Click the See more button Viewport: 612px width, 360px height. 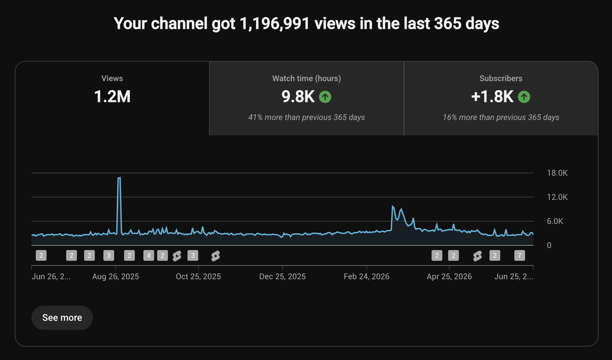coord(62,318)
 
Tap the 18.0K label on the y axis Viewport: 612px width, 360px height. coord(557,173)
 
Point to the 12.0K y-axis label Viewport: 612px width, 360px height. coord(557,197)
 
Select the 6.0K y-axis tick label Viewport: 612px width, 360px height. coord(555,221)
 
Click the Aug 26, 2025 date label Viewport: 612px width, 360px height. coord(115,276)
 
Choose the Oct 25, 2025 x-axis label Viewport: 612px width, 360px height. coord(198,276)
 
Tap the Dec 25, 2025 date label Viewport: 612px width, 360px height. coord(282,276)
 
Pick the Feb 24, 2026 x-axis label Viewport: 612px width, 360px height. coord(367,276)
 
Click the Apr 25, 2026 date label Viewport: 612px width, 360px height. coord(450,276)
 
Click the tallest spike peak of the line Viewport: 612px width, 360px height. coord(120,177)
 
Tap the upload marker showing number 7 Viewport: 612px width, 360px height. coord(520,256)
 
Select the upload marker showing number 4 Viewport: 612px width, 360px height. coord(149,256)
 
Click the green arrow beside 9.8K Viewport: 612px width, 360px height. coord(325,97)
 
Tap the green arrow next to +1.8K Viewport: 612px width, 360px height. coord(524,97)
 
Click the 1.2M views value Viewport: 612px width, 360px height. coord(112,97)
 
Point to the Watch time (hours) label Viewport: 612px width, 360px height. coord(306,78)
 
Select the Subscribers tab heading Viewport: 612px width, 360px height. coord(501,78)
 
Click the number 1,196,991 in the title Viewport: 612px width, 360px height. coord(275,24)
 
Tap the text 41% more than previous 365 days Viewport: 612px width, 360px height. coord(306,117)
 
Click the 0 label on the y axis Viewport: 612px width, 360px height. coord(549,245)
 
